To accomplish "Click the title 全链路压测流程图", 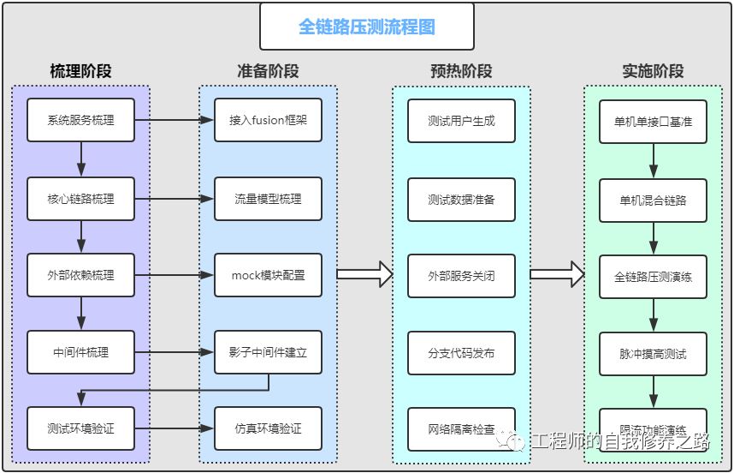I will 366,27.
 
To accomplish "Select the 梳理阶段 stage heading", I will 80,71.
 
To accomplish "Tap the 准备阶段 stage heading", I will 268,71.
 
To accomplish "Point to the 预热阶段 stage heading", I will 461,71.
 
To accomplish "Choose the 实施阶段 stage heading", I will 653,71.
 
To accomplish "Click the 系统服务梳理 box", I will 81,121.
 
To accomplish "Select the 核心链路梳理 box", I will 81,199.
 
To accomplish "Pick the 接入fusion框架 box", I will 268,121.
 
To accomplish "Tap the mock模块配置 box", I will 268,275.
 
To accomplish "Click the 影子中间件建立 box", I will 268,351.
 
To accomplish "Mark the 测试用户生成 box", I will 461,121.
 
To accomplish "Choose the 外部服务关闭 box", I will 461,276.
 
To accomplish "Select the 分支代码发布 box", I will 461,352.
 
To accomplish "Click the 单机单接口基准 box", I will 653,122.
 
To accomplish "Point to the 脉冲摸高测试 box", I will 653,353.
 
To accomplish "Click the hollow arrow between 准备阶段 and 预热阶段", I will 364,275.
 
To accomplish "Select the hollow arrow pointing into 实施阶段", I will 557,275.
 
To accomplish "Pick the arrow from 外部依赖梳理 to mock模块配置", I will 175,275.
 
